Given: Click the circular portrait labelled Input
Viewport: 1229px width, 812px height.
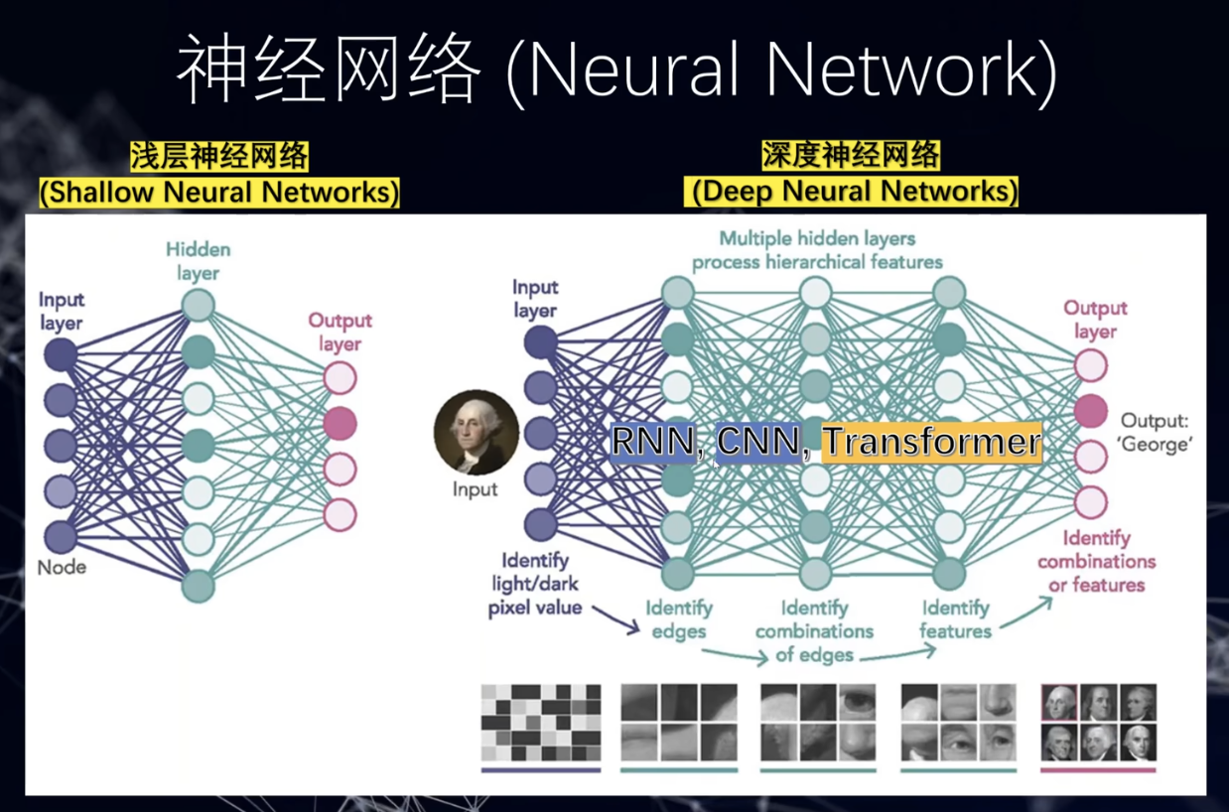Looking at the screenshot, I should click(477, 433).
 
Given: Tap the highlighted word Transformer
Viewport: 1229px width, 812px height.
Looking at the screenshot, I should click(931, 441).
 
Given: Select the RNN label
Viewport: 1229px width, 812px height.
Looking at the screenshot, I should click(653, 441).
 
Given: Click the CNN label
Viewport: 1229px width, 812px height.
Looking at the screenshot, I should click(759, 441).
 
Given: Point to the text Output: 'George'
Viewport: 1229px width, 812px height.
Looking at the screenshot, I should click(1155, 432).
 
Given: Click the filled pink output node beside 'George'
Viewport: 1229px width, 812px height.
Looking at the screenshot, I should click(1091, 410).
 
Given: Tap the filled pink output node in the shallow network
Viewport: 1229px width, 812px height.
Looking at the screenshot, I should click(340, 423).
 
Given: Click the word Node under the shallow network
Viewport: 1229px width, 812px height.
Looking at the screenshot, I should click(62, 568).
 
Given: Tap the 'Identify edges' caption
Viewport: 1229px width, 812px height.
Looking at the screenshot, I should click(679, 618).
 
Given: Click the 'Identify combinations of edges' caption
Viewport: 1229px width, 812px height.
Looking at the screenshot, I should click(814, 630).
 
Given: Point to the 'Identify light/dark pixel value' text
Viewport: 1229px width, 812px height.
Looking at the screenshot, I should click(535, 584).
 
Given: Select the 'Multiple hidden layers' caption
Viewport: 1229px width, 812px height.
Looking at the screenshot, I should click(817, 250).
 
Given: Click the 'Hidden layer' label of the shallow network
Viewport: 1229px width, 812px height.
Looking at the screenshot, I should click(199, 260).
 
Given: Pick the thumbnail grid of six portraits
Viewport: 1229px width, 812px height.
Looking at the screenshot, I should click(1098, 721).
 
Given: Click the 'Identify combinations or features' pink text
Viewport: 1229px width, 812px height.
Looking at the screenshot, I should click(1097, 561).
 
